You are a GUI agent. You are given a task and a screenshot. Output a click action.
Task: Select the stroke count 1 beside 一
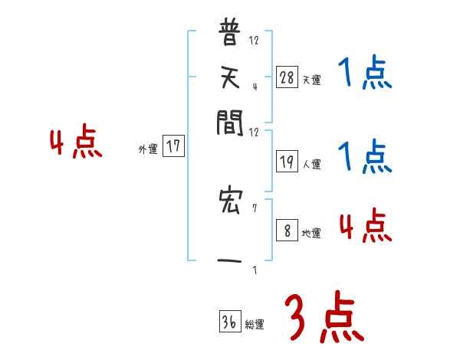(254, 270)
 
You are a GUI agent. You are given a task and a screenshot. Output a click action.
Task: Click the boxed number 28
(287, 77)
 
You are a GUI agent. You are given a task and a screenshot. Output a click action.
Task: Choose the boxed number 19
(287, 162)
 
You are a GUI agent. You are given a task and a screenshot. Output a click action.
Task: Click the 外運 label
(148, 150)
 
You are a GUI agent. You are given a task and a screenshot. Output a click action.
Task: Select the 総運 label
(255, 325)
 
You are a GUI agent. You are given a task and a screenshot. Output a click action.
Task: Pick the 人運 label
(311, 164)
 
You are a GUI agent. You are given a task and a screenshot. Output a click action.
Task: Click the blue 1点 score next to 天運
(364, 74)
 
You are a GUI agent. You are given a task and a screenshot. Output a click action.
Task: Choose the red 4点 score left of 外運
(76, 143)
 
